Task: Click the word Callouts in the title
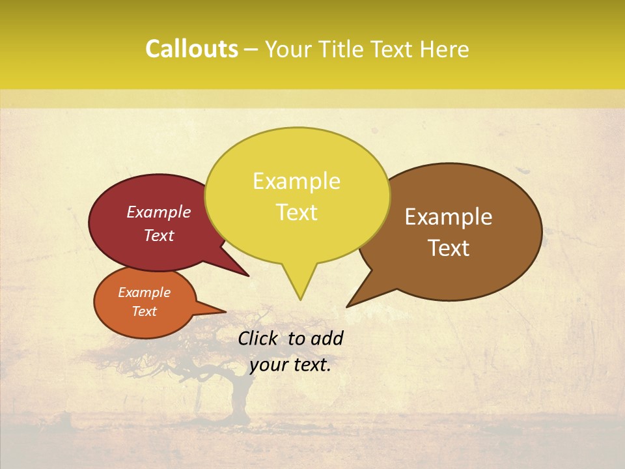pos(191,49)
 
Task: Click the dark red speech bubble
pos(130,248)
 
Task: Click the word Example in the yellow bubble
pos(296,181)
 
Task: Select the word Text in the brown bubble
pos(449,248)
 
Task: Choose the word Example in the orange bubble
pos(145,292)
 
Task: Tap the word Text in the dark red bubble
pos(159,235)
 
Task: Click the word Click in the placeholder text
pos(258,338)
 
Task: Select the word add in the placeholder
pos(326,338)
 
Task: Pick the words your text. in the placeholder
pos(290,365)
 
